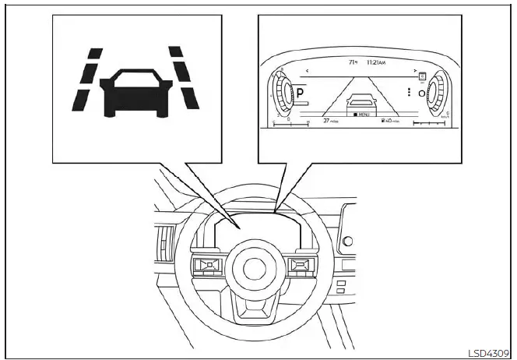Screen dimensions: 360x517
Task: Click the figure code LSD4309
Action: click(x=487, y=352)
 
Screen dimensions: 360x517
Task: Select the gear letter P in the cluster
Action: click(x=299, y=92)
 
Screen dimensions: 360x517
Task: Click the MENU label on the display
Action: click(x=362, y=115)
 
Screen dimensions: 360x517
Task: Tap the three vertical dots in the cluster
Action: click(x=408, y=92)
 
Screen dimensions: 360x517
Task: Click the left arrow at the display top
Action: click(x=307, y=70)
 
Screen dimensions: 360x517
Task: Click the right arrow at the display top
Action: click(x=416, y=70)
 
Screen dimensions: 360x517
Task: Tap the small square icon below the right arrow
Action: click(x=421, y=78)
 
